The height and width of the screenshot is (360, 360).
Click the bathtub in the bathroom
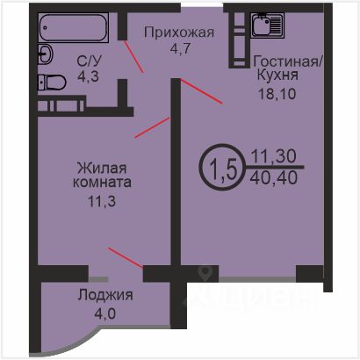pyautogui.click(x=74, y=27)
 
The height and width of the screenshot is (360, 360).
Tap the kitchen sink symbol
pyautogui.click(x=268, y=25)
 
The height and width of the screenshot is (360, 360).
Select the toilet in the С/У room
pyautogui.click(x=52, y=83)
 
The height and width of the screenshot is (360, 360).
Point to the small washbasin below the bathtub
pyautogui.click(x=45, y=54)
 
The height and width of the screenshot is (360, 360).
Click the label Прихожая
pyautogui.click(x=179, y=32)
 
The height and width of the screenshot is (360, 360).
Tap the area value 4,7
pyautogui.click(x=180, y=48)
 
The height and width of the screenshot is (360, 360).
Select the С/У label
pyautogui.click(x=90, y=61)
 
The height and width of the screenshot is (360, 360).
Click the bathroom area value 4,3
pyautogui.click(x=88, y=76)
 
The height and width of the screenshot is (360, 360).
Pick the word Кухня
pyautogui.click(x=277, y=76)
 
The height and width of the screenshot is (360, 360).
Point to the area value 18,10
pyautogui.click(x=277, y=94)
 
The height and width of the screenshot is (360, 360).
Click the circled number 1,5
pyautogui.click(x=223, y=166)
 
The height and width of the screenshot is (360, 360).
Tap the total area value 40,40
pyautogui.click(x=274, y=177)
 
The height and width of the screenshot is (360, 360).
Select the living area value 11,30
pyautogui.click(x=274, y=156)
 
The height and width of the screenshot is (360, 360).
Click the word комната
pyautogui.click(x=102, y=183)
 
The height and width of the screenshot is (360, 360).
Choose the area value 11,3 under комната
pyautogui.click(x=102, y=201)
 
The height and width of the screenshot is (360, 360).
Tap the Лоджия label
pyautogui.click(x=105, y=295)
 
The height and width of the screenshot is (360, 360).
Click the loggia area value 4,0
pyautogui.click(x=105, y=313)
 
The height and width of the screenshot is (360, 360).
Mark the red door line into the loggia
pyautogui.click(x=126, y=257)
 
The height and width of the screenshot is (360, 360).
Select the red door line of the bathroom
pyautogui.click(x=133, y=56)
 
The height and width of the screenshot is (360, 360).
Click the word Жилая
pyautogui.click(x=102, y=169)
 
